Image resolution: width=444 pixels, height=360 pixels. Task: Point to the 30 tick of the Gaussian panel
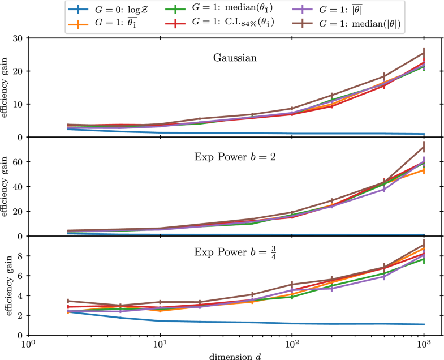[17, 38]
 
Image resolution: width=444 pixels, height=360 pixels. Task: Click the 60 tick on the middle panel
[17, 162]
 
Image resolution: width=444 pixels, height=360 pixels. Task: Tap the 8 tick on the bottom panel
[19, 256]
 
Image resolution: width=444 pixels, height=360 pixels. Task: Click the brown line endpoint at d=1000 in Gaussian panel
[424, 53]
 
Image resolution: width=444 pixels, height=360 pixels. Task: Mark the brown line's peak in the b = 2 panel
[424, 147]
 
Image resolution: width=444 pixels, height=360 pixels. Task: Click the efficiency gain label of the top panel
[6, 87]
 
